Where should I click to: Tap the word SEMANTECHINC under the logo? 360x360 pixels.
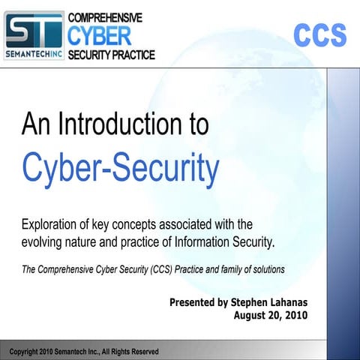point(34,54)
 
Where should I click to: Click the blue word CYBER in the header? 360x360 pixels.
point(99,35)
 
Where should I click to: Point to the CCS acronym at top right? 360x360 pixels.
point(319,35)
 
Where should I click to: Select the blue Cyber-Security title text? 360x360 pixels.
point(120,169)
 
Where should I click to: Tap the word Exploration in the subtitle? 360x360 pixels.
point(56,224)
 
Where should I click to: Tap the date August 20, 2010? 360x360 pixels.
point(271,316)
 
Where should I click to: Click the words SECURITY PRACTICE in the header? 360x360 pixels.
point(112,54)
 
